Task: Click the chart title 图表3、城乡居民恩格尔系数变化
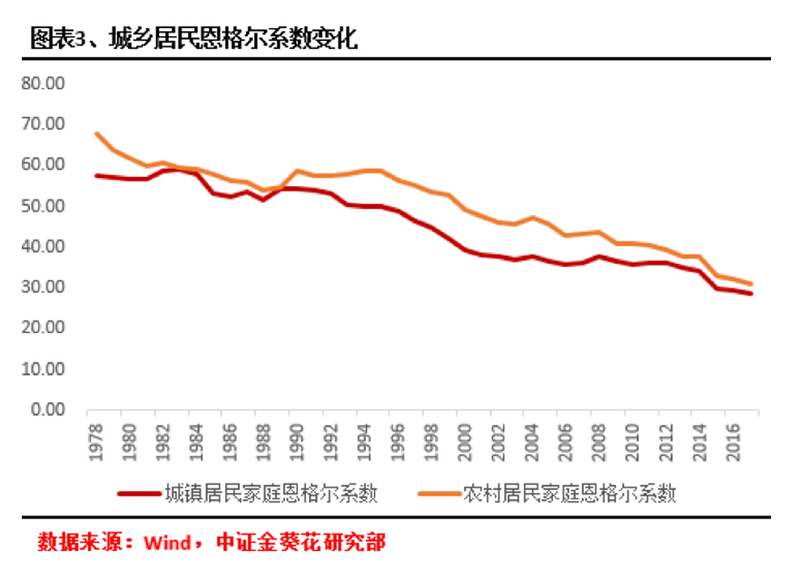tap(193, 38)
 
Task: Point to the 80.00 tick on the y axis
tap(44, 83)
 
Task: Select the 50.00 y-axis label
tap(44, 206)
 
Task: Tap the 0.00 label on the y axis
tap(47, 410)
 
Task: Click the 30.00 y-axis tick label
tap(44, 288)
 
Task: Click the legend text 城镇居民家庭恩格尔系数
tap(270, 493)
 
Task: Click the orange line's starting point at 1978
tap(97, 134)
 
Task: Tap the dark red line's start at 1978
tap(97, 175)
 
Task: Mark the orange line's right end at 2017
tap(751, 284)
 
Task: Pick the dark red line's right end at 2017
tap(751, 293)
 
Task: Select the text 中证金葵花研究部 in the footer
tap(301, 543)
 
